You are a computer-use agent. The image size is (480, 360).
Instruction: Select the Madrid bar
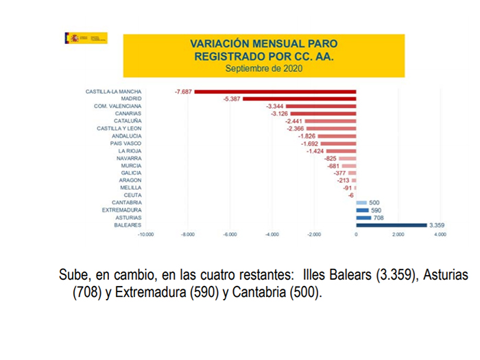point(300,99)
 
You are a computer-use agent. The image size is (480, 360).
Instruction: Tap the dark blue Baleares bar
point(391,225)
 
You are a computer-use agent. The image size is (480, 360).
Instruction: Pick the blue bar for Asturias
point(363,217)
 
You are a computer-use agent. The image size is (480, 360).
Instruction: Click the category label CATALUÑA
point(128,121)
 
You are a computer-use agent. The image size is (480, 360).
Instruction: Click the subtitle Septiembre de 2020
point(264,69)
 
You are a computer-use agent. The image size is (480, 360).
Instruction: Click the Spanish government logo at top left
point(86,38)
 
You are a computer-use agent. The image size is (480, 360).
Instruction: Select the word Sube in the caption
point(73,276)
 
